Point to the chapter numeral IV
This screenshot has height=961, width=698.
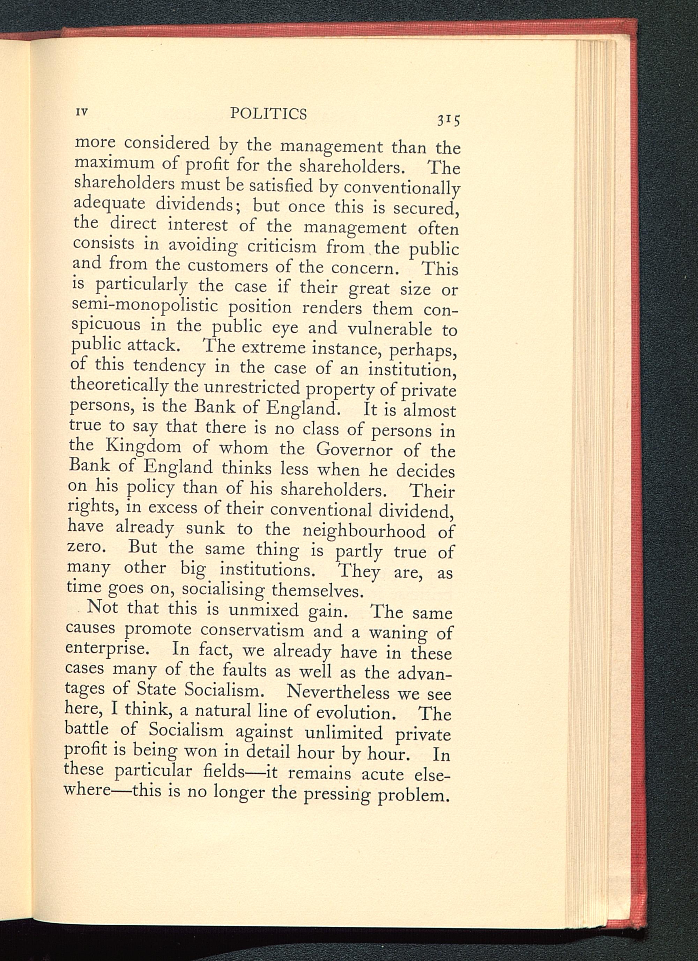(x=81, y=112)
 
